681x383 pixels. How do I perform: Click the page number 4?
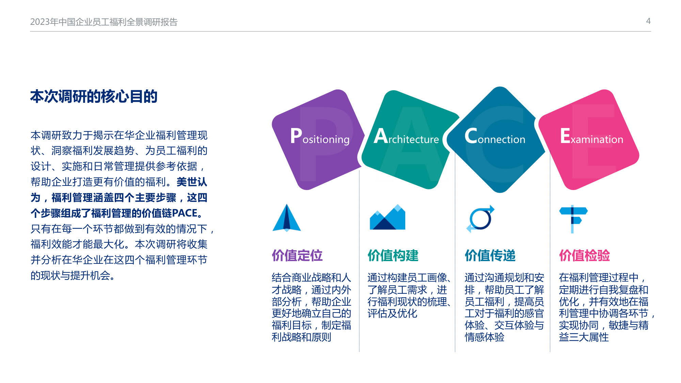[x=648, y=21]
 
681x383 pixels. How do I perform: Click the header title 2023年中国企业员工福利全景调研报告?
[x=104, y=22]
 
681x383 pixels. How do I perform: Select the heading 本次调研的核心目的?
[x=94, y=96]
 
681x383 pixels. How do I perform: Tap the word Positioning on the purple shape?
[x=320, y=136]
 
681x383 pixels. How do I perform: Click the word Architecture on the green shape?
[x=406, y=136]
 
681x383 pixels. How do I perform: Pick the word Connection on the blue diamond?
[x=495, y=136]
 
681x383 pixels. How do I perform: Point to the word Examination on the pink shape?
[x=591, y=136]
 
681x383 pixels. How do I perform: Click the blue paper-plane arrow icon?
[x=287, y=218]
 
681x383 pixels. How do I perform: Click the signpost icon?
[x=573, y=219]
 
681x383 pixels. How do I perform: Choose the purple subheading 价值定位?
[x=297, y=255]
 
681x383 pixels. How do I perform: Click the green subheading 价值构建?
[x=393, y=255]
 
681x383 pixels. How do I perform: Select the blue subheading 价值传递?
[x=490, y=255]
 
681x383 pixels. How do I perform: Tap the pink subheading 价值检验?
[x=584, y=255]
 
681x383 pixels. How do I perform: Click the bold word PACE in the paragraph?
[x=184, y=213]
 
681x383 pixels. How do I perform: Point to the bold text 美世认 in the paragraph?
[x=192, y=182]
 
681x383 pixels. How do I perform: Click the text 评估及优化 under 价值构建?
[x=392, y=313]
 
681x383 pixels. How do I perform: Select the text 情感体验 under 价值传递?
[x=484, y=337]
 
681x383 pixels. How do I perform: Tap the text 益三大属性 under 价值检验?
[x=584, y=337]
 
